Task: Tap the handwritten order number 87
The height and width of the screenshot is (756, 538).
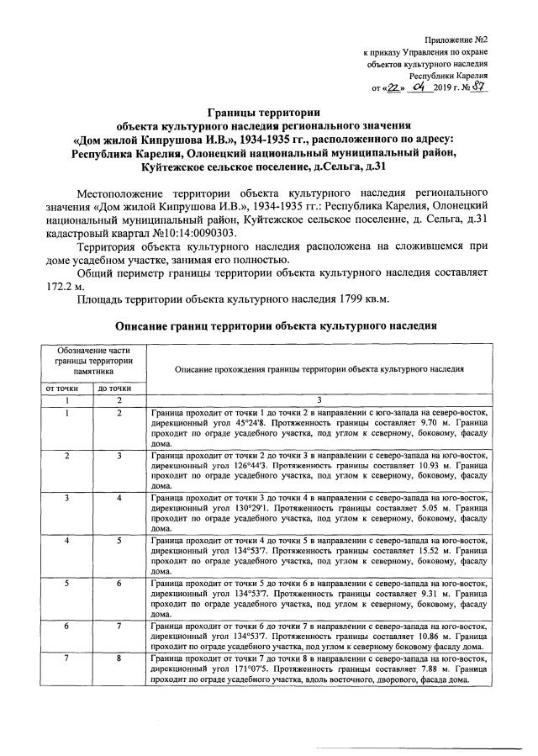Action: pyautogui.click(x=479, y=87)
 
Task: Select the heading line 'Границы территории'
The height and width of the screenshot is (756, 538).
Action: pyautogui.click(x=264, y=111)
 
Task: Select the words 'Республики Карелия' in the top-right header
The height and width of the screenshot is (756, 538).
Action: pyautogui.click(x=455, y=75)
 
